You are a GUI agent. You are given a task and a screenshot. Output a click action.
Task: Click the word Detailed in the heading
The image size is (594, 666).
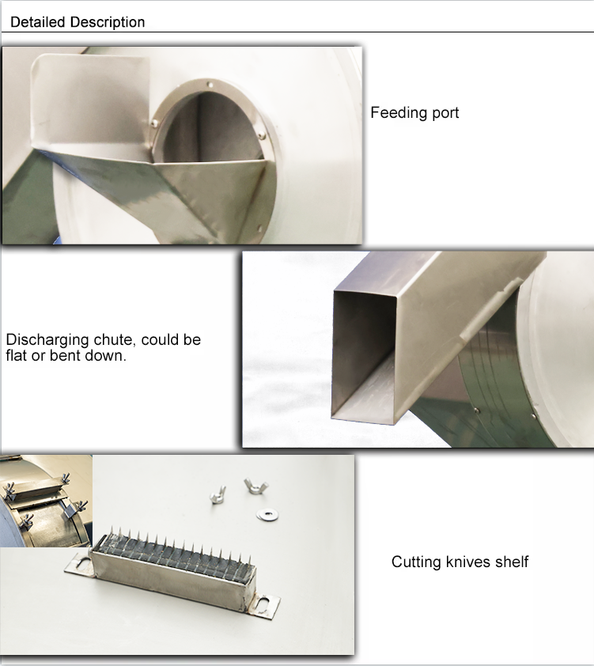click(x=38, y=22)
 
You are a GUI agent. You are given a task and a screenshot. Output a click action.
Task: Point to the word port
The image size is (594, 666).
click(x=445, y=113)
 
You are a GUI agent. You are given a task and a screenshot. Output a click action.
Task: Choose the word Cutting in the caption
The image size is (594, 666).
click(x=416, y=562)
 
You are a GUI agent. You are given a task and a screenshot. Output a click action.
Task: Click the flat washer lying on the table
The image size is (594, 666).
click(x=267, y=515)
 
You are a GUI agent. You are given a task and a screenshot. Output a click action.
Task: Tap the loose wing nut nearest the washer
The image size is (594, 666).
click(x=255, y=486)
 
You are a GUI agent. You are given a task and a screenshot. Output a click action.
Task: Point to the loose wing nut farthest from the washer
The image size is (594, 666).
click(x=218, y=495)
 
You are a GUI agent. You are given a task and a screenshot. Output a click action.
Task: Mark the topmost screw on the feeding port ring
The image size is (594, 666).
click(x=210, y=85)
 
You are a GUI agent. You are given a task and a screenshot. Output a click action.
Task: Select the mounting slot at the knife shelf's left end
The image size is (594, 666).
click(x=81, y=565)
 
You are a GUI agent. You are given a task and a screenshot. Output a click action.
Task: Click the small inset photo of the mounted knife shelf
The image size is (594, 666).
click(x=46, y=501)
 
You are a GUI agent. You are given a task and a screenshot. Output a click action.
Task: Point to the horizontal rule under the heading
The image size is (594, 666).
click(x=297, y=32)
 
